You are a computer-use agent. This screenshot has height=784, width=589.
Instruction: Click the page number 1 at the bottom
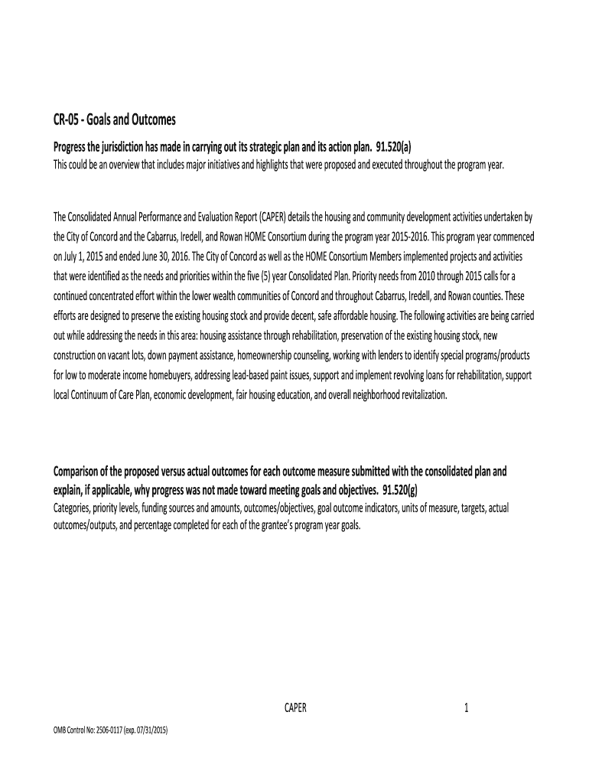pos(465,708)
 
